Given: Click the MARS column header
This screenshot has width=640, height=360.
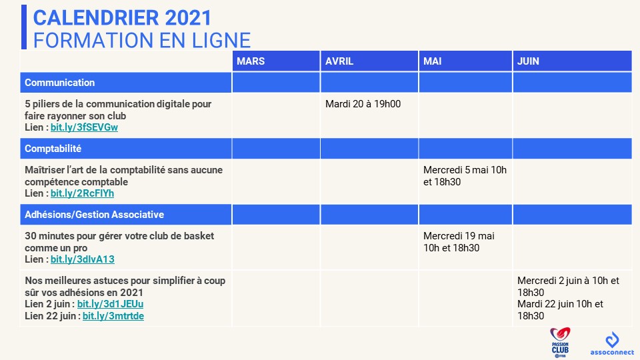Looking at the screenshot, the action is [251, 61].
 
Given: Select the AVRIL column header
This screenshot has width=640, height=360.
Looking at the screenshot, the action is [339, 61].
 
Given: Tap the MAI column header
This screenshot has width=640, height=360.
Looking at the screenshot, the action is [432, 61].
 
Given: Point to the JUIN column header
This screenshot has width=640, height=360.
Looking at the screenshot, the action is [528, 61].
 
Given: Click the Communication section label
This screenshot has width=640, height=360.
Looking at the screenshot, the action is [59, 83].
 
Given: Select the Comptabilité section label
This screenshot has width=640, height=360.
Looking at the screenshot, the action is [53, 149].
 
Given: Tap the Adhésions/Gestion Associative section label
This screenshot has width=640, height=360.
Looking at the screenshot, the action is [94, 215].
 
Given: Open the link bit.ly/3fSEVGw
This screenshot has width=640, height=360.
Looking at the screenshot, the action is [84, 127].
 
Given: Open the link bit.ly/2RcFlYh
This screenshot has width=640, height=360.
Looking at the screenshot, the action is [82, 193].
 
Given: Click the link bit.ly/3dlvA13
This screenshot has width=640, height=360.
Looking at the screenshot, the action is [83, 259].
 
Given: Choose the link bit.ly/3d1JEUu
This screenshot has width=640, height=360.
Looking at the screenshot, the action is [110, 304].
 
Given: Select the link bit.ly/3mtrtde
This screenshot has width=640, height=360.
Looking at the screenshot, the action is [113, 316].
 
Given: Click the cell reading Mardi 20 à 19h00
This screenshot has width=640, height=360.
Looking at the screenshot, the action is [363, 104].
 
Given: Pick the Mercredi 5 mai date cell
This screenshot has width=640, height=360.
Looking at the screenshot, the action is [465, 176].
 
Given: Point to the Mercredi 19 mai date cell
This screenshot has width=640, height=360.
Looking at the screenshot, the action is [459, 241].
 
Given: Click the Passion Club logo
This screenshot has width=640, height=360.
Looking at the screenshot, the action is [560, 342].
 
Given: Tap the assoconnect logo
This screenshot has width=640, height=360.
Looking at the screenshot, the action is [612, 344].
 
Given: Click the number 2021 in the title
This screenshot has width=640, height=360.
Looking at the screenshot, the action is [188, 18].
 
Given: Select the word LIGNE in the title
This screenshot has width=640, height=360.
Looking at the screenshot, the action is [221, 41].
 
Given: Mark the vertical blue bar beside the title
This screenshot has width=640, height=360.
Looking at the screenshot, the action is [24, 27].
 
